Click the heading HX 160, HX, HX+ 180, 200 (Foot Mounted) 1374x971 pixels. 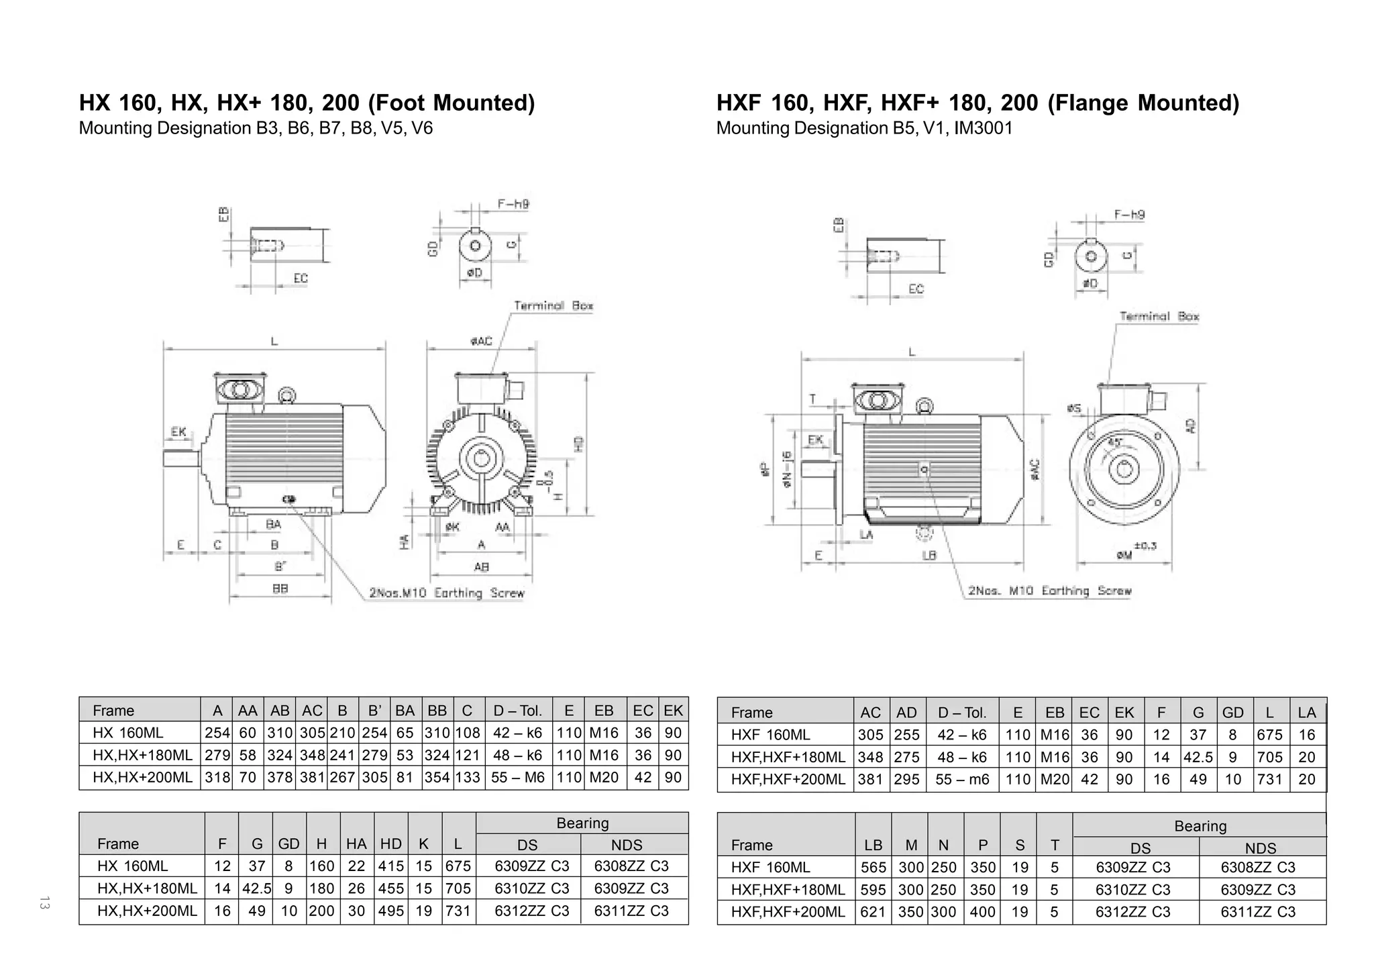click(307, 103)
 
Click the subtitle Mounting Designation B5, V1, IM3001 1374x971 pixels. click(864, 128)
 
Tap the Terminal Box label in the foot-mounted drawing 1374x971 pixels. click(553, 306)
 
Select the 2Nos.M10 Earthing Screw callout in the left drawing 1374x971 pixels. click(446, 593)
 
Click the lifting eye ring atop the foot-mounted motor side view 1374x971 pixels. click(286, 395)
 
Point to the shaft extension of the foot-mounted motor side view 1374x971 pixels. click(180, 458)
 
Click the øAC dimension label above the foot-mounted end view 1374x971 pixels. click(481, 342)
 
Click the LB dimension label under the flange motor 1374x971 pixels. click(929, 556)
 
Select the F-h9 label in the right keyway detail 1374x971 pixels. click(1129, 215)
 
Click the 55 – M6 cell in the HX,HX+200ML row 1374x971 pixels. click(518, 778)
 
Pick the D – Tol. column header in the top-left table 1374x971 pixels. click(517, 711)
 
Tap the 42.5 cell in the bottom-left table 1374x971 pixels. click(256, 888)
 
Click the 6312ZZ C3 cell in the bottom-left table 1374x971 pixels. click(531, 911)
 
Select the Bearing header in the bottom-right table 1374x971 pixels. click(1200, 826)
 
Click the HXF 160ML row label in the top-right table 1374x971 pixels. click(770, 735)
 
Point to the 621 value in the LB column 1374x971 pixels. click(873, 912)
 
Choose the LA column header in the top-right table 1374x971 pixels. click(1306, 713)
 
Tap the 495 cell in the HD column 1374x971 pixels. click(390, 911)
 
